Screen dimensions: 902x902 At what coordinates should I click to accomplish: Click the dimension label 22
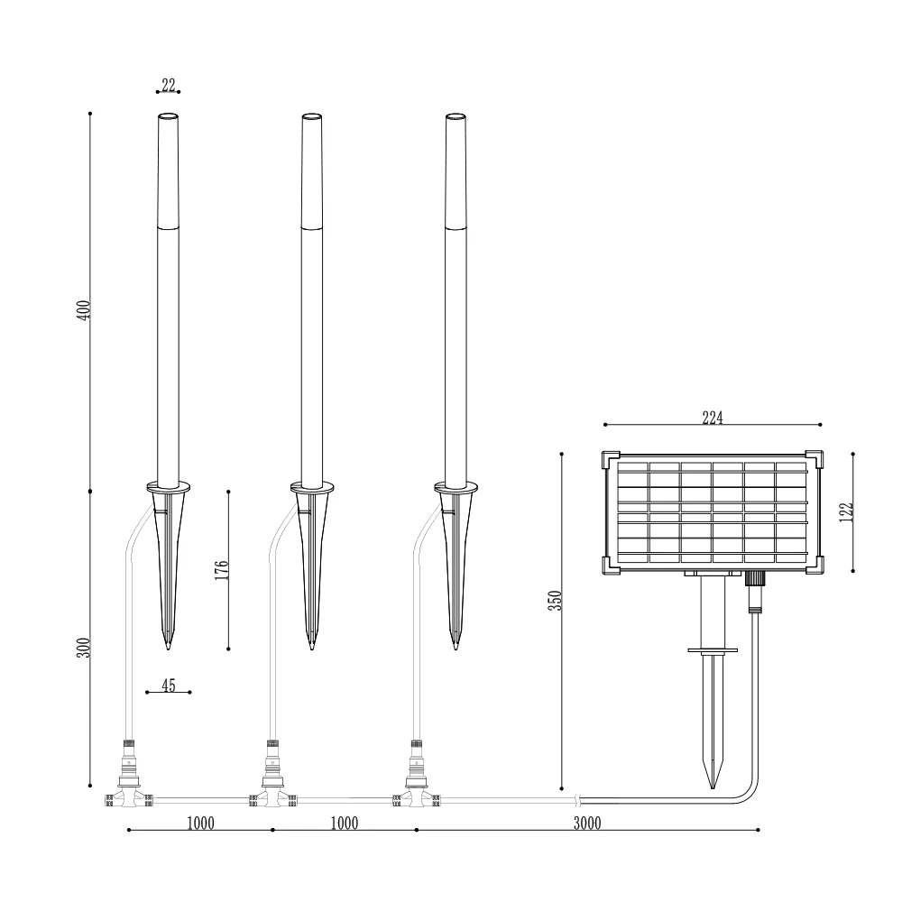coord(168,85)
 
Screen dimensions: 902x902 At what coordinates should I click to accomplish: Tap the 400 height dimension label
coord(84,310)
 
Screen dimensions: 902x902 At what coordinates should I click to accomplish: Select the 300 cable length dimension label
coord(84,648)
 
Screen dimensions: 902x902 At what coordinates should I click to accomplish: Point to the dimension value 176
coord(222,569)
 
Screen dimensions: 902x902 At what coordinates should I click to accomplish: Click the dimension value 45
coord(168,686)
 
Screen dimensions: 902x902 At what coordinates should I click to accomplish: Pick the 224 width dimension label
coord(713,418)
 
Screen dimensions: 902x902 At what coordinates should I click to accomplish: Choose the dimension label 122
coord(846,512)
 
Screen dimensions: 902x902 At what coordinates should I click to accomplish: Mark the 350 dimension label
coord(555,600)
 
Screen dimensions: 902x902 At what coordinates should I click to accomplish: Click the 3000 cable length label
coord(587,824)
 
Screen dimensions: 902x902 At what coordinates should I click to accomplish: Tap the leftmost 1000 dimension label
coord(200,824)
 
